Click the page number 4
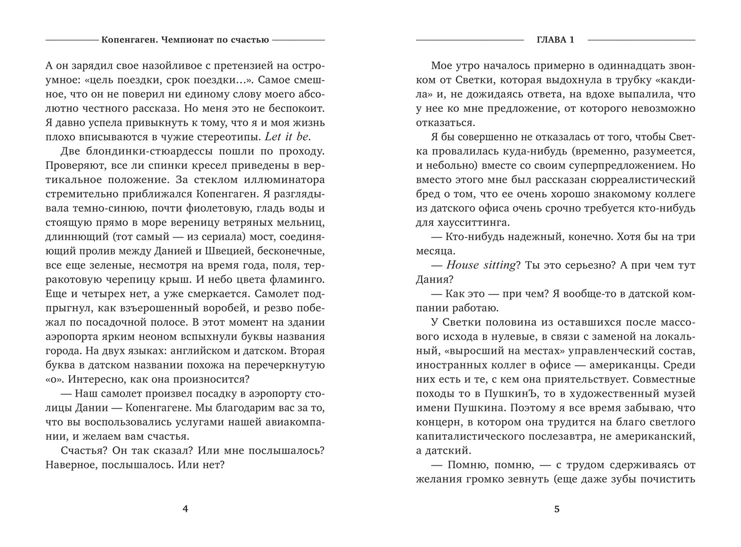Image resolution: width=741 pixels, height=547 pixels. click(x=185, y=509)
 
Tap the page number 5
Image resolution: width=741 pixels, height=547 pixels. click(x=556, y=509)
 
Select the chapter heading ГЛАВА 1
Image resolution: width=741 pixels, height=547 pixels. click(x=556, y=40)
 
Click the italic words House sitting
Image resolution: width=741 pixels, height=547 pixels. click(x=480, y=265)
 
